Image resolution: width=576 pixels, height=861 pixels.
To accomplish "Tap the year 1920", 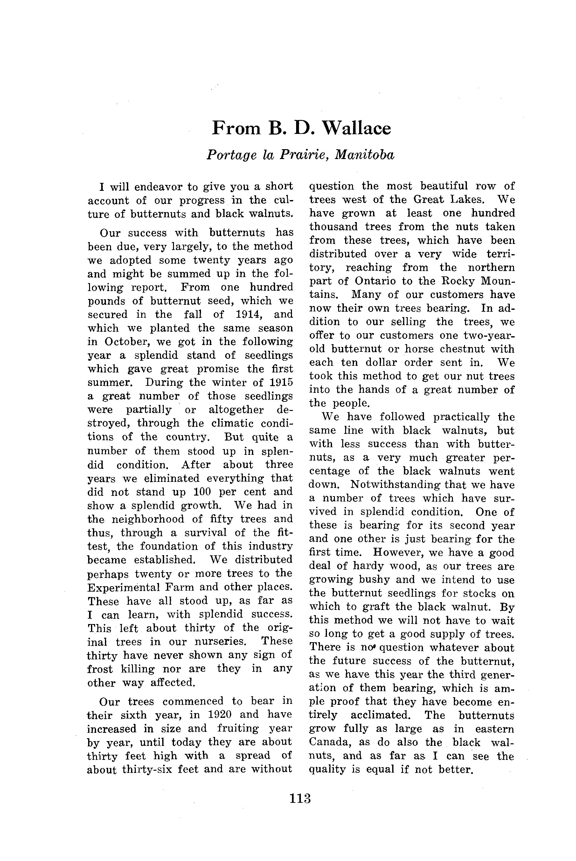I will (219, 714).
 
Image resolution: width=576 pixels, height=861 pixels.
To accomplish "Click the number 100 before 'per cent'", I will (201, 491).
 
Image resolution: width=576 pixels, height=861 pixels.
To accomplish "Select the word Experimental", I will (123, 587).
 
